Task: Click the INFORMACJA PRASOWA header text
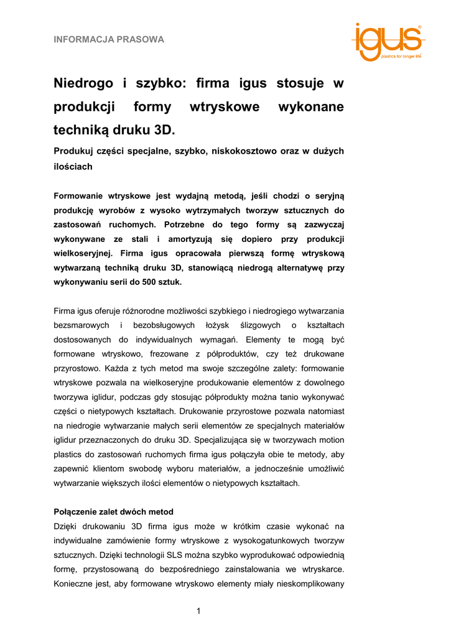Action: click(x=109, y=40)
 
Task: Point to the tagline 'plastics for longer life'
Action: click(x=401, y=56)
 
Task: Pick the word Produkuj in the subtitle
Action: click(x=77, y=151)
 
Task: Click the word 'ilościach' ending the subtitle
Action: click(x=73, y=166)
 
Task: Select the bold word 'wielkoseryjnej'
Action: click(x=84, y=253)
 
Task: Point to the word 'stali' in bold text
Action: click(x=137, y=239)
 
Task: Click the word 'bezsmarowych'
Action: click(x=82, y=325)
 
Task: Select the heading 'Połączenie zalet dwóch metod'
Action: click(x=114, y=512)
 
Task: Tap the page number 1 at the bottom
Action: click(x=198, y=611)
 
